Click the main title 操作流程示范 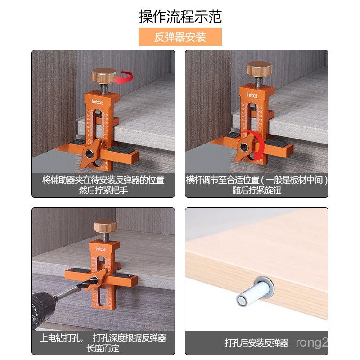[x=180, y=17]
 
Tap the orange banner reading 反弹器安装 [x=180, y=37]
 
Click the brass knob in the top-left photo [x=104, y=75]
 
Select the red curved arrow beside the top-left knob [x=124, y=78]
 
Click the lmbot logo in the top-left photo [x=97, y=102]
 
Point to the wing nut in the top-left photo [x=90, y=153]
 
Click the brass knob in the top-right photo [x=260, y=68]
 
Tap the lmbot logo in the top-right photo [x=252, y=95]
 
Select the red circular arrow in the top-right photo [x=256, y=145]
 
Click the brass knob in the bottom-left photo [x=105, y=225]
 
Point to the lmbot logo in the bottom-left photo [x=100, y=249]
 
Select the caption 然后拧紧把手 [x=103, y=190]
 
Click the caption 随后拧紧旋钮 [x=256, y=190]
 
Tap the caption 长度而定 [x=103, y=348]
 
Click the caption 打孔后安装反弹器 [x=256, y=343]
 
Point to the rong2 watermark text [x=312, y=343]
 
